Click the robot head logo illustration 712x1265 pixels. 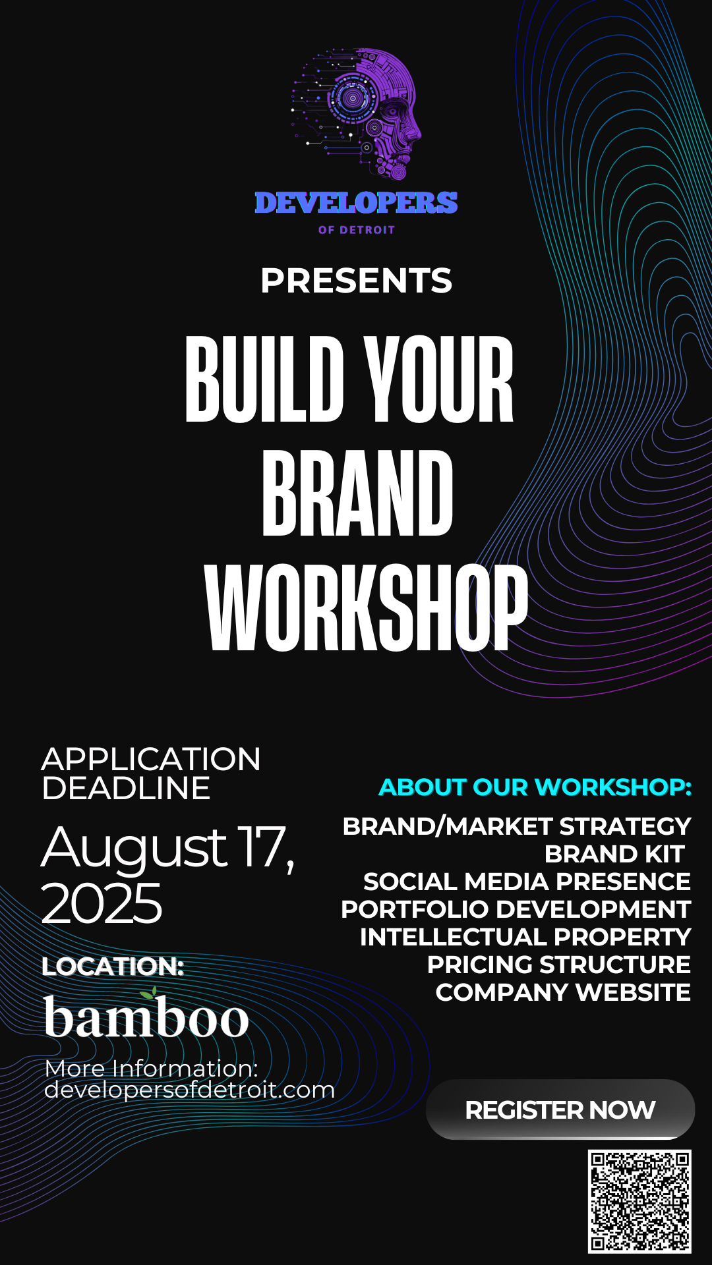[x=357, y=114]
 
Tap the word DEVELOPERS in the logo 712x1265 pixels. [x=356, y=203]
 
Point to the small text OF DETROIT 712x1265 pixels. [x=357, y=230]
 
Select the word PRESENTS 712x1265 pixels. [x=356, y=281]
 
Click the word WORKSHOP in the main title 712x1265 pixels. [x=367, y=608]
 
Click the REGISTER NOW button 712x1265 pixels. [x=560, y=1110]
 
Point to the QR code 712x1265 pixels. [x=639, y=1201]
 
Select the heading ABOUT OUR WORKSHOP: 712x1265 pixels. [x=535, y=787]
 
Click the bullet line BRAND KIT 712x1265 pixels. [x=614, y=854]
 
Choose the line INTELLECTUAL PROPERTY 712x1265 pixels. [x=525, y=937]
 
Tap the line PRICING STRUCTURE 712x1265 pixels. [x=559, y=965]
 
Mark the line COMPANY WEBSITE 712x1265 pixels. [x=563, y=992]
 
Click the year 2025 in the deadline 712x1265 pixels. [x=102, y=903]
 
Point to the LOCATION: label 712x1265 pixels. [x=112, y=967]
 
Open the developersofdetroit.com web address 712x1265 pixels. [x=190, y=1090]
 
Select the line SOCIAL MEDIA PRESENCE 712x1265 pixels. [x=527, y=882]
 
